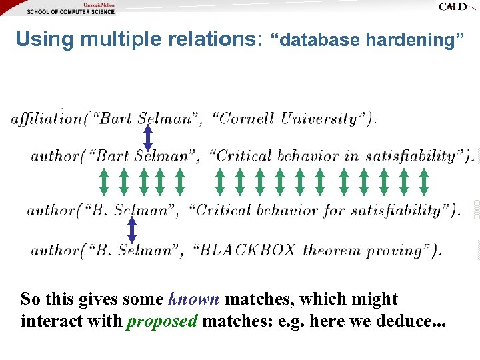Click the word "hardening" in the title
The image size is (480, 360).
[x=414, y=41]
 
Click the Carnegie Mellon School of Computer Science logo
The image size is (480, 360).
[x=71, y=8]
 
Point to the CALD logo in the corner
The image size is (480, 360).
[x=455, y=7]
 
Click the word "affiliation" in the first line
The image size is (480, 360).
[x=47, y=119]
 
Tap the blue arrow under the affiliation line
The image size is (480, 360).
[x=148, y=138]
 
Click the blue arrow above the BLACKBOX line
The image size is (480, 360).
[x=132, y=230]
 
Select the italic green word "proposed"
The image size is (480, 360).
[x=162, y=321]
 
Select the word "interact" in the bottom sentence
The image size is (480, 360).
[x=50, y=321]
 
